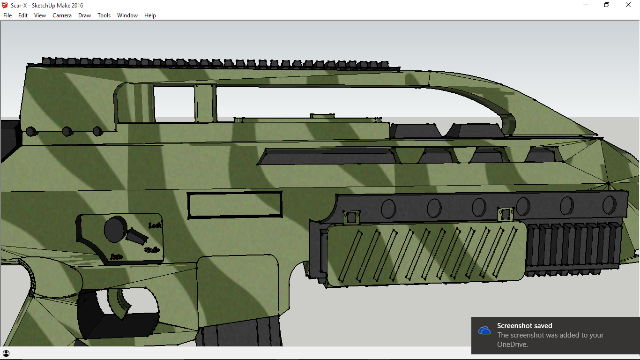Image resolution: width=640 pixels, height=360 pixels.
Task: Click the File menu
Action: coord(7,15)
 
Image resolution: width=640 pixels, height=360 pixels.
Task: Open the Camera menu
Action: coord(62,15)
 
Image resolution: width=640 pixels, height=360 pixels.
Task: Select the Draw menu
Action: coord(84,15)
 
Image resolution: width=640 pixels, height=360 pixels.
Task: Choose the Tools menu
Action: coord(104,15)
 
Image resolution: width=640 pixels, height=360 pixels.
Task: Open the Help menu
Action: coord(150,15)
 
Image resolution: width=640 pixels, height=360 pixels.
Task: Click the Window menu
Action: coord(127,15)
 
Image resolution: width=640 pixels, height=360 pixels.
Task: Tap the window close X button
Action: coord(628,5)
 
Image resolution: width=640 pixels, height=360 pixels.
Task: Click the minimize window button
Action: coord(586,5)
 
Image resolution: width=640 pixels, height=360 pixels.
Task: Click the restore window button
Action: coord(607,5)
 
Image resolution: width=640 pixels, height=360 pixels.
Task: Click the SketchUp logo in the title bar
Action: coord(5,5)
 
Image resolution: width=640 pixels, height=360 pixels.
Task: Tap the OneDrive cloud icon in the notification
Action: coord(484,330)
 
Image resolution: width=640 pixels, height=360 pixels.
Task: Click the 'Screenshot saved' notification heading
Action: coord(524,326)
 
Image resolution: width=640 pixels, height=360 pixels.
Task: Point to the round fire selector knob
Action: coord(115,229)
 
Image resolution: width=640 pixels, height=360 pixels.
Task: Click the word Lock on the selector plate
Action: coord(155,225)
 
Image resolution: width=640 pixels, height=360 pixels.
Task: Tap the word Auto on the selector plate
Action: coord(117,256)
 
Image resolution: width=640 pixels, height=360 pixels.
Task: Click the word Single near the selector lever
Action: coord(152,250)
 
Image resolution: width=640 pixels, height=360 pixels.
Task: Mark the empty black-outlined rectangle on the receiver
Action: coord(235,205)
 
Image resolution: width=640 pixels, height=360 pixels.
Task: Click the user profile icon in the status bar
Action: coord(6,353)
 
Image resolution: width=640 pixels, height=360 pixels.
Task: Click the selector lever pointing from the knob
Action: coord(137,236)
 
